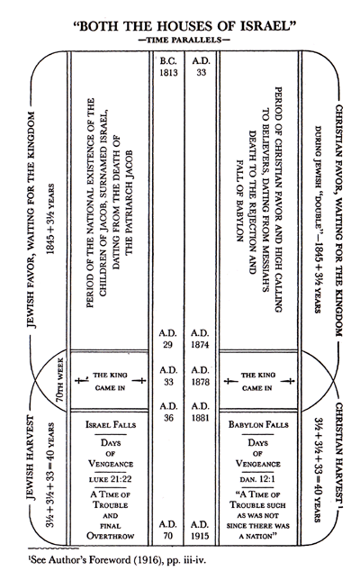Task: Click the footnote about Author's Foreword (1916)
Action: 90,567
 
